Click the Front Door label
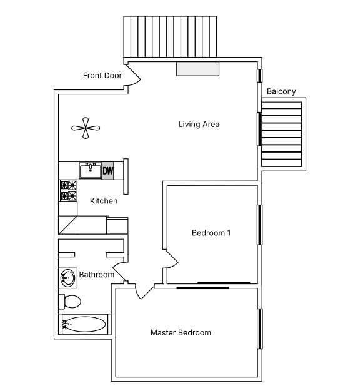pos(102,76)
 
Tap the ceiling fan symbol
pos(86,128)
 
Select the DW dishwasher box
pos(108,170)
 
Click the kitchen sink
pos(91,170)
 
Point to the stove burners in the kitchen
pos(68,191)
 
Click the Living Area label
pos(199,124)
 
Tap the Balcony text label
pos(281,91)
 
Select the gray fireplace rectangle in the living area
pos(198,69)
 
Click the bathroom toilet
pos(71,301)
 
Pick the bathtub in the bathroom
pos(85,325)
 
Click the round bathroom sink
pos(67,277)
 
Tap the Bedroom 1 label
pos(211,233)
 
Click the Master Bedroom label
pos(181,332)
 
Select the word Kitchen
pos(104,201)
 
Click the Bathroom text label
pos(96,275)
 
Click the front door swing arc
pos(133,76)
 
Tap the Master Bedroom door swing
pos(144,292)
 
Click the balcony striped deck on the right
pos(281,135)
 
